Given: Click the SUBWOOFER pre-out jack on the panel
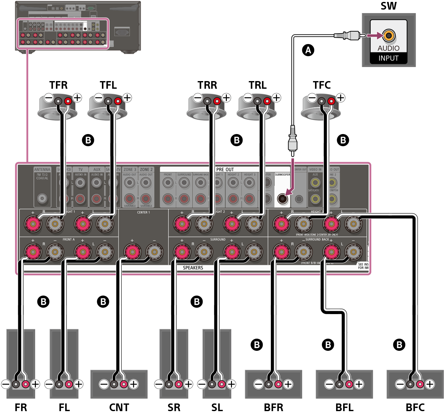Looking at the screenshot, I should (282, 199).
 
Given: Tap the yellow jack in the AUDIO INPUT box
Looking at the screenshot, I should (389, 35).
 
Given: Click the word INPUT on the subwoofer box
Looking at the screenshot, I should (388, 58).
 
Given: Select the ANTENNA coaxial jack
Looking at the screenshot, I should (42, 198).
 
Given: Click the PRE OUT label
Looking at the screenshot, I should (225, 169).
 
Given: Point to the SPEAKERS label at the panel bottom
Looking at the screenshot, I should (193, 268).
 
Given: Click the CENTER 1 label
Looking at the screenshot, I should (143, 212).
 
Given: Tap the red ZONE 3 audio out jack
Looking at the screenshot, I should (129, 199).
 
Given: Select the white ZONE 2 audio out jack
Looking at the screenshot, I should (146, 183).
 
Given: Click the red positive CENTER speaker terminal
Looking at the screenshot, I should (132, 252).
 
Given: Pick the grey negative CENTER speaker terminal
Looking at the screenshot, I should (154, 252).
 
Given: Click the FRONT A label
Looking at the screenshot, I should (68, 239).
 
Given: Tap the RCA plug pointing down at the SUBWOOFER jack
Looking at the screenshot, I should (293, 140).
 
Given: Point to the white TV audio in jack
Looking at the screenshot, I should (80, 183).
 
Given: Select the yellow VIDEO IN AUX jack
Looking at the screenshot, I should (315, 183).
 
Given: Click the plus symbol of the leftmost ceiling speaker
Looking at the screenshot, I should (77, 98).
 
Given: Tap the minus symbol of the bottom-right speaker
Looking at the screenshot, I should (400, 384).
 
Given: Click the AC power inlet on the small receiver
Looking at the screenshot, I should (122, 32).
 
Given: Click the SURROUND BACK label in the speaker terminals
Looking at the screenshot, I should (317, 239).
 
